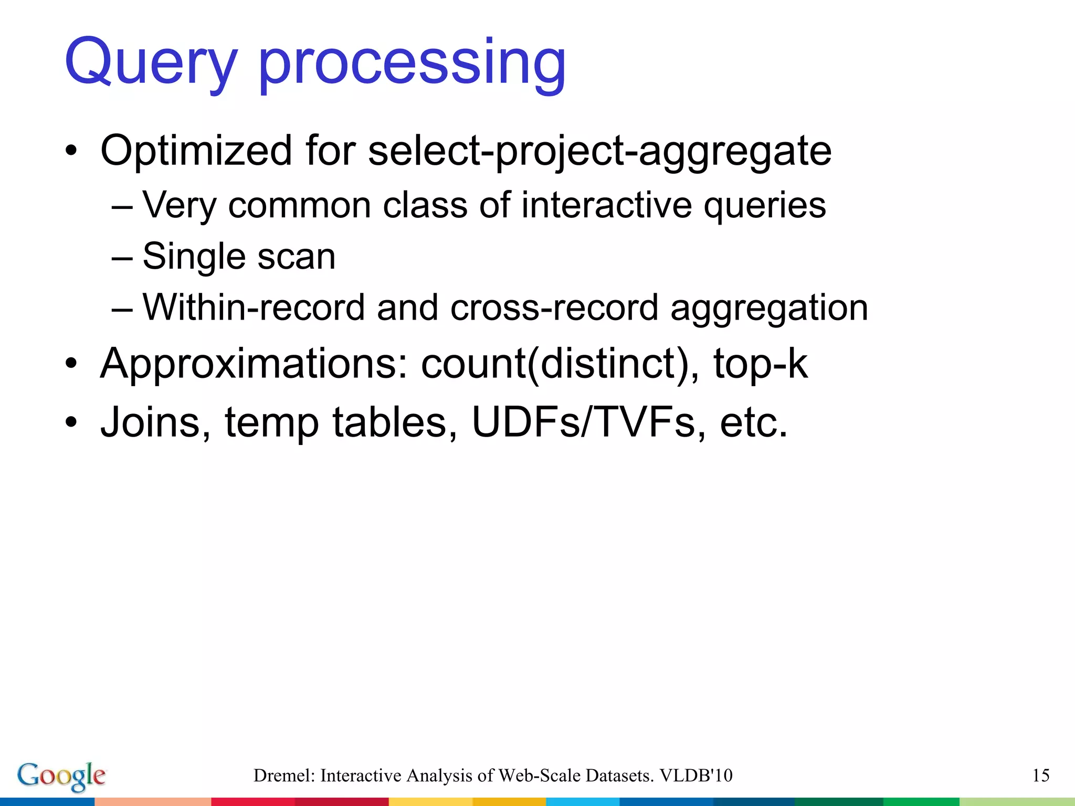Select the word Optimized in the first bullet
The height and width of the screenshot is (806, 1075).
pos(196,151)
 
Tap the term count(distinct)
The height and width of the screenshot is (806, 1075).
pos(560,363)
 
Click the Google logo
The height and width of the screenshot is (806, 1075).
pos(61,776)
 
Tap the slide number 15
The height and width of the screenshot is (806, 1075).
pos(1040,776)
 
